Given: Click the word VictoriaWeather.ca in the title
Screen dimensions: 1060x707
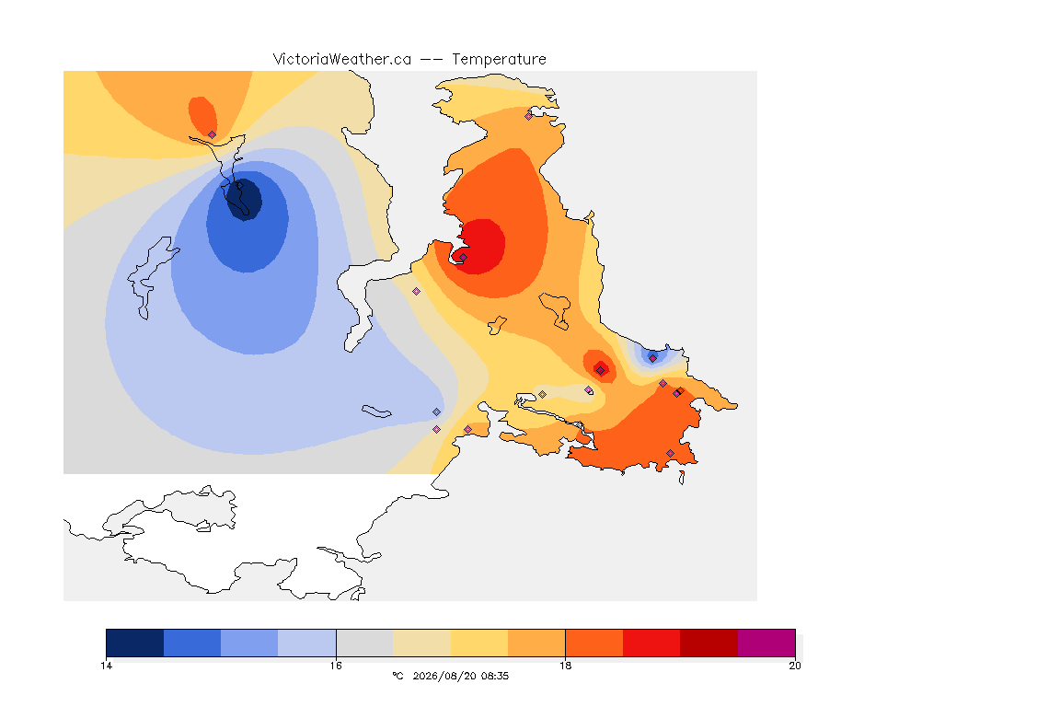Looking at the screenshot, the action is (x=342, y=59).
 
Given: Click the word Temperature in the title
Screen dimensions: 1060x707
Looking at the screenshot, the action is (x=499, y=59).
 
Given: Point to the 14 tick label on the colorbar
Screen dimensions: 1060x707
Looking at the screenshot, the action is (x=106, y=666).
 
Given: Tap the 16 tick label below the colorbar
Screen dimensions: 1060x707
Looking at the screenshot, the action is (x=336, y=666).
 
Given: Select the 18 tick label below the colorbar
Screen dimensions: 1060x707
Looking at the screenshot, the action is (x=565, y=666).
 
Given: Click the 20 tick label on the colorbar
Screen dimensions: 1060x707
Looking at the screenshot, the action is (x=795, y=666).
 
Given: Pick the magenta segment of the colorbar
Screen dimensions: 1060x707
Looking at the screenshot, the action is (x=766, y=643).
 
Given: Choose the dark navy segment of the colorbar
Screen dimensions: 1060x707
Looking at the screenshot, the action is (x=135, y=643).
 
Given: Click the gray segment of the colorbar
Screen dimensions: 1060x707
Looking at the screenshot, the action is (x=364, y=643).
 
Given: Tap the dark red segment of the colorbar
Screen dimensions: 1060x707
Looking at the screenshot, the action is (x=709, y=643).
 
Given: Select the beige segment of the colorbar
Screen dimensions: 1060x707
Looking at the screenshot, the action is (x=421, y=643).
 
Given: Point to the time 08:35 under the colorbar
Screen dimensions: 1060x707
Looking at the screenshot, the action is (x=495, y=676).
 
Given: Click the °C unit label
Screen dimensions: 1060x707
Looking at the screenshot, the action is (x=397, y=676).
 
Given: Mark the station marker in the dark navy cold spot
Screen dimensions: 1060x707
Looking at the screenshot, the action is (x=239, y=185).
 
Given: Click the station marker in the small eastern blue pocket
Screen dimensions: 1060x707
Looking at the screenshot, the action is (x=652, y=358).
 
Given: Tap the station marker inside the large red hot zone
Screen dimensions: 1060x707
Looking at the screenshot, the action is (x=463, y=257).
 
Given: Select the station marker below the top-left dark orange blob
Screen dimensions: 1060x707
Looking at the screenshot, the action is (x=213, y=134).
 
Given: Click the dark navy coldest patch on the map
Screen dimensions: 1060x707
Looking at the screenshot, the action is (x=243, y=199).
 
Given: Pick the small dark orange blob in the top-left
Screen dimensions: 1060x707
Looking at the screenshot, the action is (x=202, y=116).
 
